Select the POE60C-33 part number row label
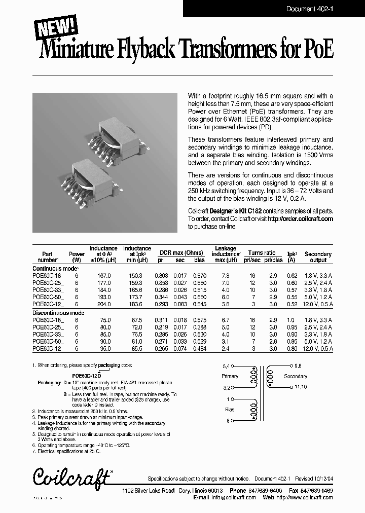pos(47,290)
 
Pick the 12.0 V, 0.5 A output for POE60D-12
pos(318,349)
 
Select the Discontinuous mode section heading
pos(58,313)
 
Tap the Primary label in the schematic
pos(230,376)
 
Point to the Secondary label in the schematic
pos(295,376)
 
